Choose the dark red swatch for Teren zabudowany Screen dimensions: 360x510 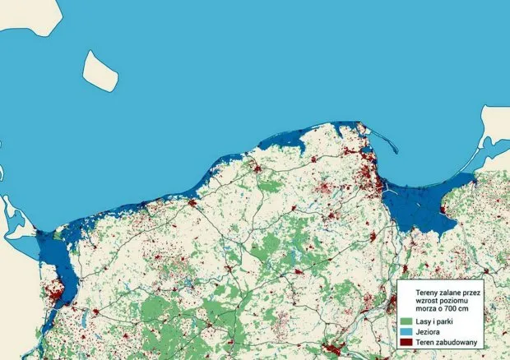[406, 341]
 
